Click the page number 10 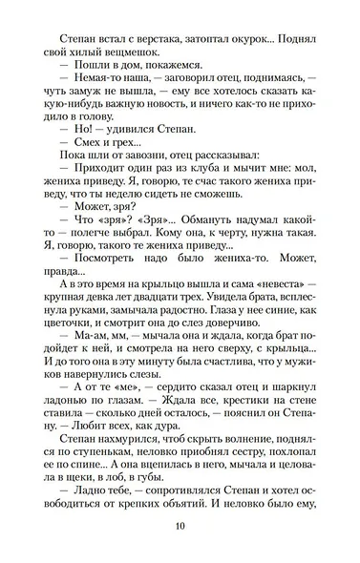pos(180,532)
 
